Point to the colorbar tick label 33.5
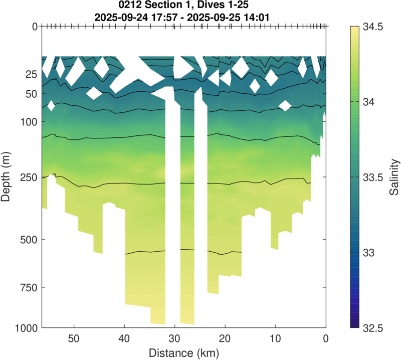point(373,177)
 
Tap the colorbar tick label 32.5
point(373,328)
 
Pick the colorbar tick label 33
point(370,253)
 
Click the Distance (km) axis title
point(183,352)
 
